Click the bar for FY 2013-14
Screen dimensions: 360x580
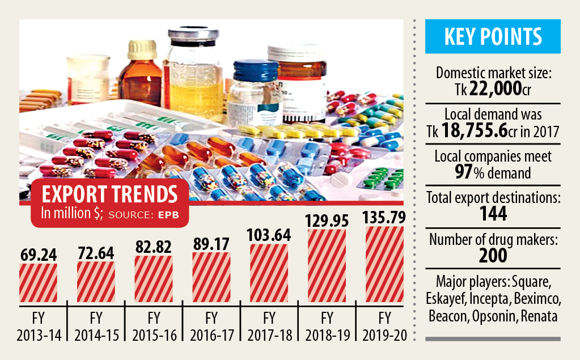point(38,283)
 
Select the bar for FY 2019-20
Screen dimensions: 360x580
point(384,264)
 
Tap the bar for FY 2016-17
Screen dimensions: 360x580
point(211,277)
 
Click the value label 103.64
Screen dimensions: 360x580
point(269,234)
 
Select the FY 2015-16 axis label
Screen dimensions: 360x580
point(153,325)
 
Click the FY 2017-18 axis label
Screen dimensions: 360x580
point(269,325)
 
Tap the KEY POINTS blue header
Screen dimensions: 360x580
point(493,37)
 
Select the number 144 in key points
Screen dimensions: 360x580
point(492,213)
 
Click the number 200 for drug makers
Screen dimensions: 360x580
point(492,256)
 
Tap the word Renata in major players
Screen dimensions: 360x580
point(537,316)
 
